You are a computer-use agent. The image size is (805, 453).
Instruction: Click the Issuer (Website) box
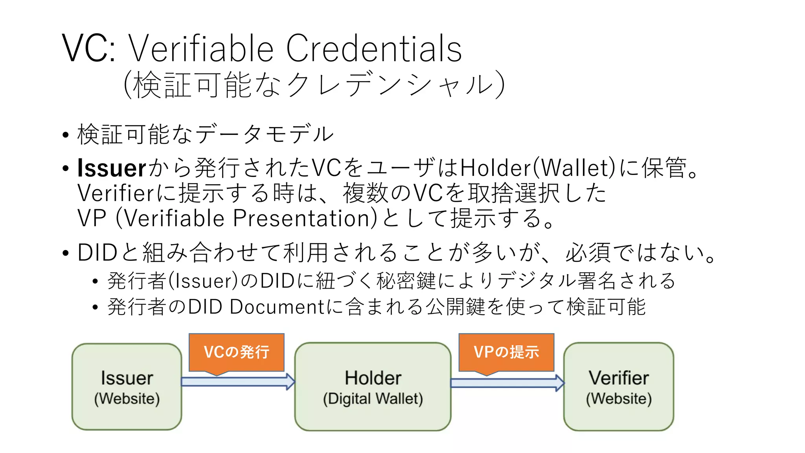[x=127, y=387]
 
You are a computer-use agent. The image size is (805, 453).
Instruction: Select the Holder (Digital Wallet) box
[x=373, y=387]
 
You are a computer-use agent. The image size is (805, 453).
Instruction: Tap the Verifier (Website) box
[x=618, y=387]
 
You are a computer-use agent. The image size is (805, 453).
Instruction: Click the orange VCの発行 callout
[x=236, y=352]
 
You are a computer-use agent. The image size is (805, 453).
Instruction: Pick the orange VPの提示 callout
[x=506, y=352]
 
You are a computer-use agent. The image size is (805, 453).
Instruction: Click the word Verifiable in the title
[x=201, y=49]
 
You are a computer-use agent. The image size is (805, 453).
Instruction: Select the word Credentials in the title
[x=374, y=49]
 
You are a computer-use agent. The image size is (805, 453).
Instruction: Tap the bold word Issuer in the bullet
[x=112, y=168]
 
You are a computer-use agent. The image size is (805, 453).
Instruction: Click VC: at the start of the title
[x=89, y=49]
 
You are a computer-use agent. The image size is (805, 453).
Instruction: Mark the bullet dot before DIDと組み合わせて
[x=65, y=253]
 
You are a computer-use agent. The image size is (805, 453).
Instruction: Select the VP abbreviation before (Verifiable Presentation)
[x=92, y=218]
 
